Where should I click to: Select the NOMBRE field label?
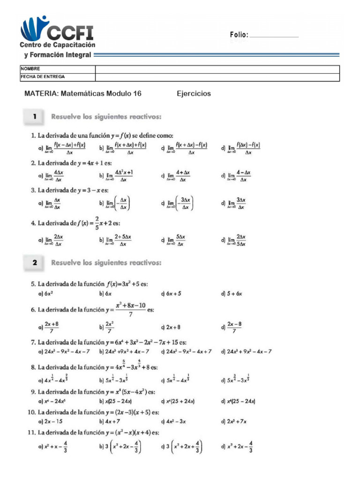click(30, 69)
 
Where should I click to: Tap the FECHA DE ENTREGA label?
click(43, 76)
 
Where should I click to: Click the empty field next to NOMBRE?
click(217, 69)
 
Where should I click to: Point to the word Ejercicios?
click(194, 94)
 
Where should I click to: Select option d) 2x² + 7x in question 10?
click(233, 421)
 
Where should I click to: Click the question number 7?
click(33, 343)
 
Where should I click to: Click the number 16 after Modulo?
click(137, 94)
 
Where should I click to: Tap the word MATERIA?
click(40, 94)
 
